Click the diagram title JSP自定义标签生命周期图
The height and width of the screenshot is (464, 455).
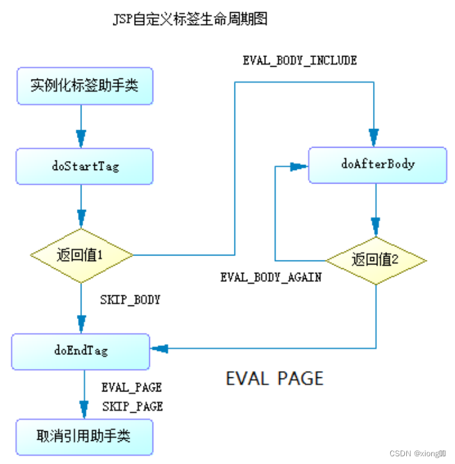190,19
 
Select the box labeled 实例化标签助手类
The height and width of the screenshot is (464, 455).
84,85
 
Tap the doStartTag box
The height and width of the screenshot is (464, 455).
84,166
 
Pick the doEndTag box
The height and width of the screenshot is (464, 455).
81,350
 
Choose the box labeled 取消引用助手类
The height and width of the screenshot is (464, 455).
84,437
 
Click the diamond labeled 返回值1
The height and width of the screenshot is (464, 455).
81,255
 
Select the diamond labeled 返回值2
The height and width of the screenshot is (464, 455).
376,261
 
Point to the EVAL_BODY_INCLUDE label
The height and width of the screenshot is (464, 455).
299,60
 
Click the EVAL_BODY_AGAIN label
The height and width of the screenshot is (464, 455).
270,278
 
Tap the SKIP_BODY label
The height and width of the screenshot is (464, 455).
130,300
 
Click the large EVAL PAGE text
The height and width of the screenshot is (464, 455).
274,378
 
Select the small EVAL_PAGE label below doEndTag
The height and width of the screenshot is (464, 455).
131,388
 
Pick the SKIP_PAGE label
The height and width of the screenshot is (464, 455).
132,406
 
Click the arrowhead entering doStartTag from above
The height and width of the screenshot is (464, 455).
81,138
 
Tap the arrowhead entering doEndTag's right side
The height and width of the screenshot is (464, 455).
160,348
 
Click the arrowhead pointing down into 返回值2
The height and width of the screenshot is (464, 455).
376,226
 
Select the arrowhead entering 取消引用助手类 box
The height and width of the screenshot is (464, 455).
84,409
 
